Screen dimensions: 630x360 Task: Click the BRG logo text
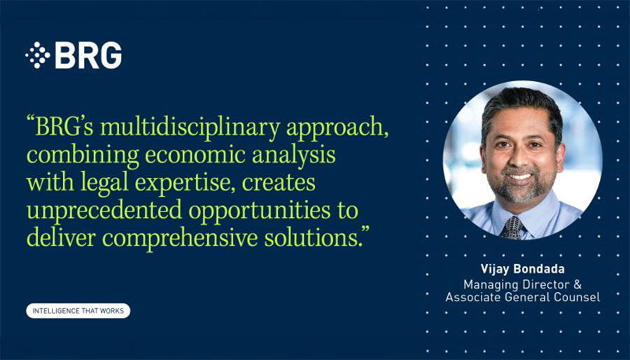[x=88, y=55]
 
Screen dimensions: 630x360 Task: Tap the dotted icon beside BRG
[x=37, y=55]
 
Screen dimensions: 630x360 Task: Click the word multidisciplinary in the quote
[x=190, y=127]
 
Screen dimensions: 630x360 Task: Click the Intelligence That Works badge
[x=78, y=311]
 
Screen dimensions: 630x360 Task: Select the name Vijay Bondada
[x=523, y=269]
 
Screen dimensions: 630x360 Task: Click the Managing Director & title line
[x=523, y=284]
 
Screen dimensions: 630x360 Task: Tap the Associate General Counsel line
[x=523, y=298]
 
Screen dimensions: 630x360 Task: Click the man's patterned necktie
[x=512, y=228]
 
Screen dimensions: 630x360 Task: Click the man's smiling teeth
[x=519, y=176]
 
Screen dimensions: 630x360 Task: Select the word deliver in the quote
[x=62, y=238]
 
